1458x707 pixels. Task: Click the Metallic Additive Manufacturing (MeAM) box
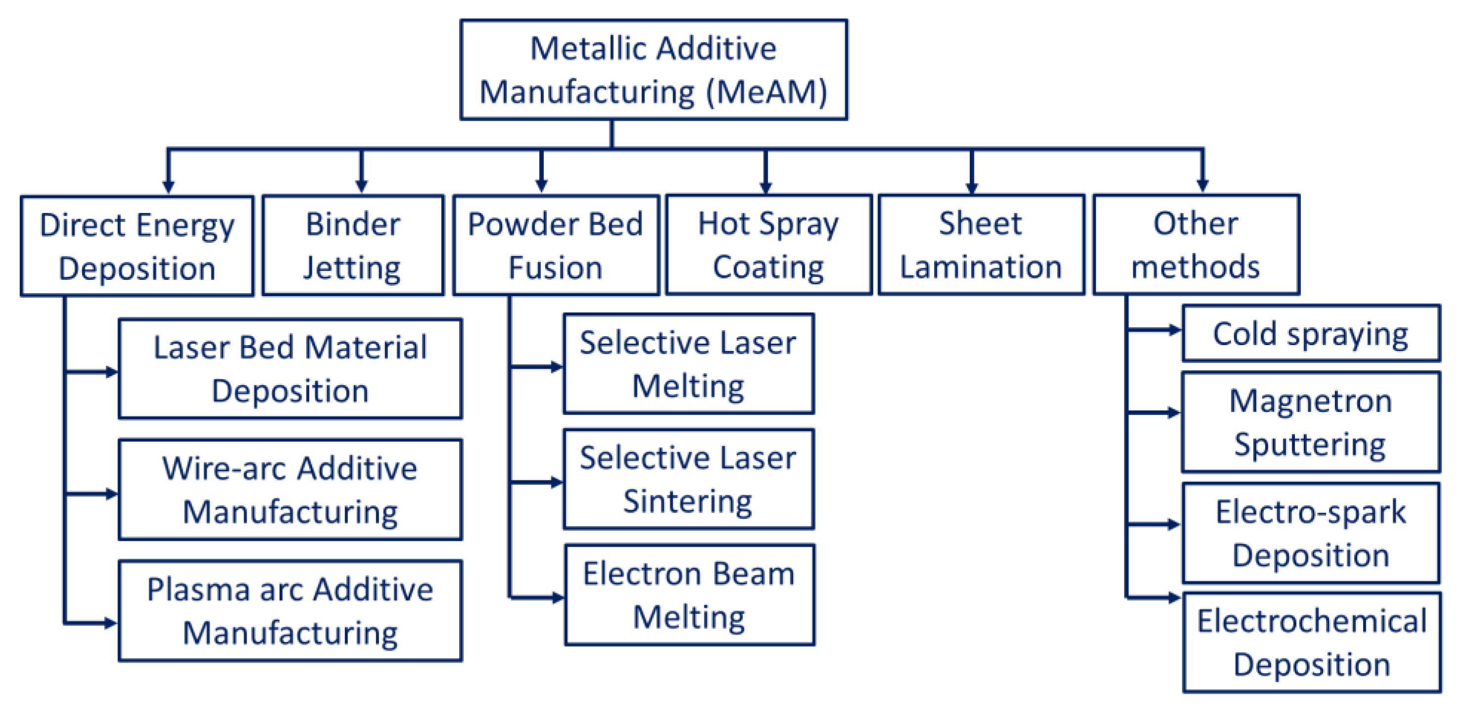653,70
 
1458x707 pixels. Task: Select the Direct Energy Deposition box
137,246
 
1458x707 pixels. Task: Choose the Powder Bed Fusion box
556,245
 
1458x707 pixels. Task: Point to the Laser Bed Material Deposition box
290,369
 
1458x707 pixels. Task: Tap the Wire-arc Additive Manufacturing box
290,489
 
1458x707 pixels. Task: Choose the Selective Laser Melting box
688,364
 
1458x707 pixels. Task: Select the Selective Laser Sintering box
688,480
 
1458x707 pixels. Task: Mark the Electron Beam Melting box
689,595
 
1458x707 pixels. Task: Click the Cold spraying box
1310,333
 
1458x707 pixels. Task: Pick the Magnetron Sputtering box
1310,422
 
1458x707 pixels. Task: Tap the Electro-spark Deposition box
1310,533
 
